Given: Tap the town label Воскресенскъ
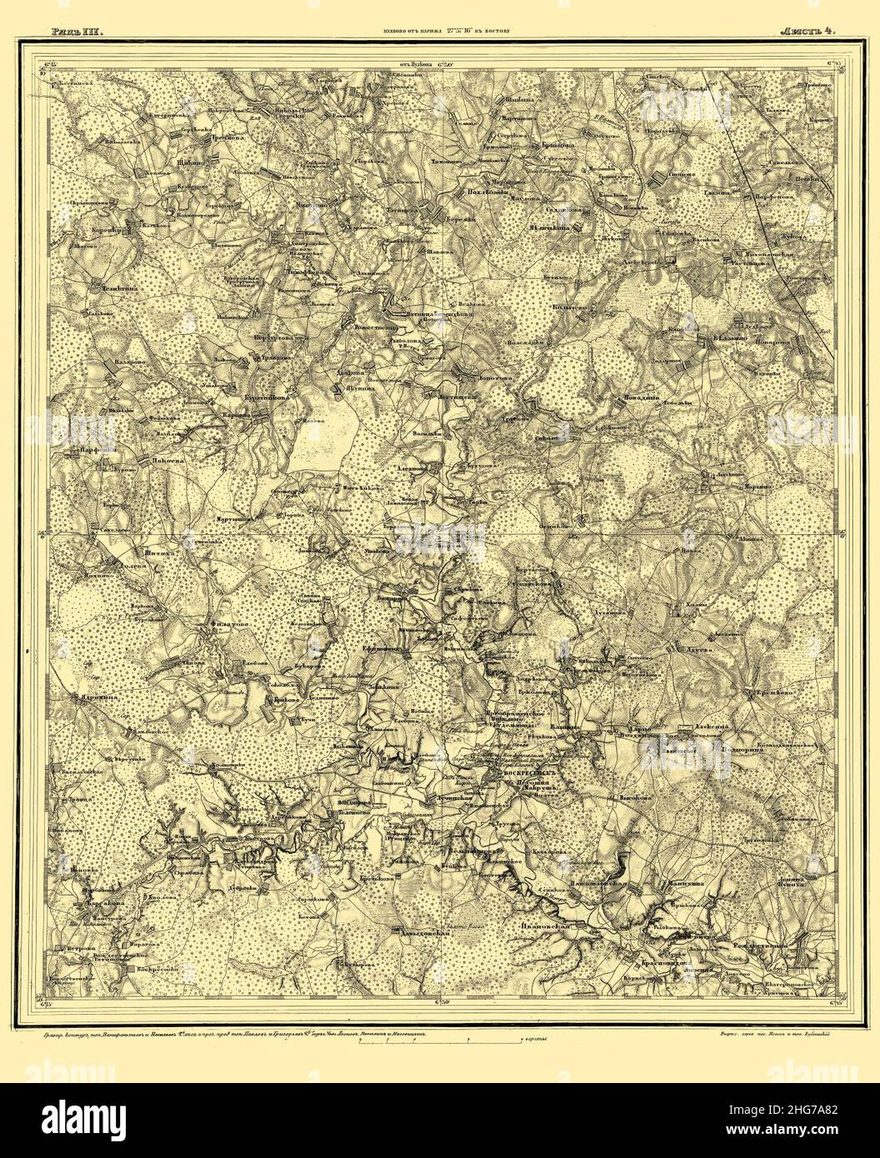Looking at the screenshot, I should point(527,772).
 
